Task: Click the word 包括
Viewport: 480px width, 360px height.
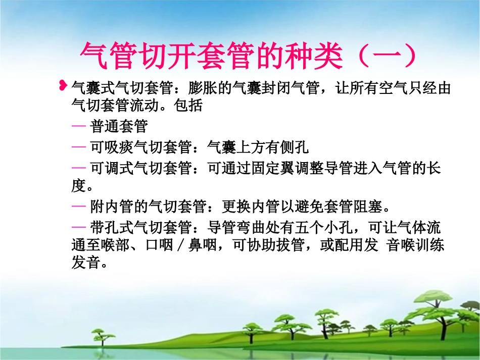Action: pyautogui.click(x=188, y=106)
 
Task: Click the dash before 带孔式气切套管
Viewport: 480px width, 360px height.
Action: pyautogui.click(x=79, y=227)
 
